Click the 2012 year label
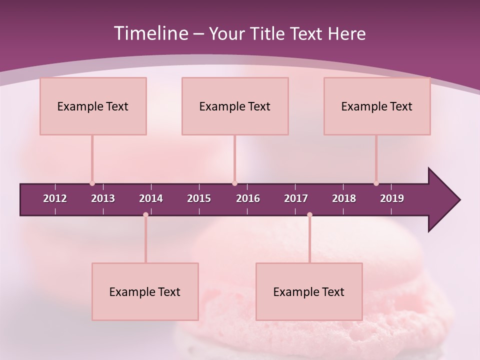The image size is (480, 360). point(55,198)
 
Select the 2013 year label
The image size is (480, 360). point(103,198)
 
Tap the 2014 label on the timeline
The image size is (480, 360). point(151,198)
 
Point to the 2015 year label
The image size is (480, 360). point(199,198)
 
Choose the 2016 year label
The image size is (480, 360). point(248,198)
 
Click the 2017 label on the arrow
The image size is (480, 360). point(296,198)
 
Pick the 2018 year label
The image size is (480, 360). point(344,198)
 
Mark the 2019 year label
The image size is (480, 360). point(392,198)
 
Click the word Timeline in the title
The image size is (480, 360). point(150,33)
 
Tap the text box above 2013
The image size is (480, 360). point(93,106)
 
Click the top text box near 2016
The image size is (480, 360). point(235,106)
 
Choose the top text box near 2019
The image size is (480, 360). point(377,106)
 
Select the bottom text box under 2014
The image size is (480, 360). point(145,291)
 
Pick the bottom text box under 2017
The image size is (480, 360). point(309,291)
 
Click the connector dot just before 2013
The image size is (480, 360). point(92,183)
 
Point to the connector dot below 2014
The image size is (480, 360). point(145,215)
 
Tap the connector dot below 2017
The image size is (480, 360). point(309,215)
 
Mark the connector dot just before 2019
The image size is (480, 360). point(376,183)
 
